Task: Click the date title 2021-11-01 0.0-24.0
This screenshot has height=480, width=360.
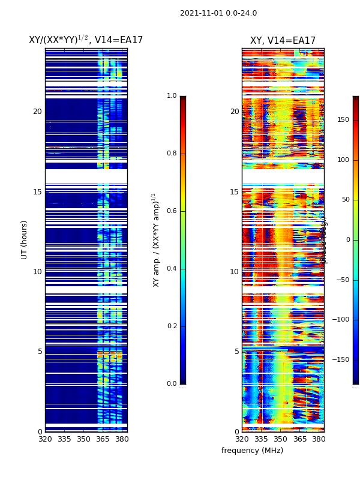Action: pyautogui.click(x=218, y=13)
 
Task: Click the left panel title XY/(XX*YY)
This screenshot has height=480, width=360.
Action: pyautogui.click(x=86, y=40)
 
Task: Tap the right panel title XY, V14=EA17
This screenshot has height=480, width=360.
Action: pyautogui.click(x=283, y=41)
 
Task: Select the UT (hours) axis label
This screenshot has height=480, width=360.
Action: pyautogui.click(x=25, y=239)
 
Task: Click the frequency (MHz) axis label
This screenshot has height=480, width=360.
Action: pyautogui.click(x=252, y=451)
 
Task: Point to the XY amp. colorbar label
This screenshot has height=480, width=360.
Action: pyautogui.click(x=156, y=239)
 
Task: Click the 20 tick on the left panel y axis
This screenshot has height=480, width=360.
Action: pyautogui.click(x=37, y=112)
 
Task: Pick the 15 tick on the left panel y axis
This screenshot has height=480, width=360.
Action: pyautogui.click(x=37, y=192)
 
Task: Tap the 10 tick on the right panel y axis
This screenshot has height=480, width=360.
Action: pyautogui.click(x=235, y=272)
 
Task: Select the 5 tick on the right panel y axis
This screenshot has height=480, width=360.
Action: pyautogui.click(x=236, y=352)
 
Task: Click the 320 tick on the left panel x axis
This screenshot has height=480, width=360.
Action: pyautogui.click(x=45, y=439)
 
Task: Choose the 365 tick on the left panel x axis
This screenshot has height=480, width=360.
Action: pyautogui.click(x=103, y=439)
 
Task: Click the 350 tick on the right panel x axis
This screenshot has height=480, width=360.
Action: pyautogui.click(x=280, y=439)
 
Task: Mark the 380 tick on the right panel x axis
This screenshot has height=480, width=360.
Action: pyautogui.click(x=319, y=439)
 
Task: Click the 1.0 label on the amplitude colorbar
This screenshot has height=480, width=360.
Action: pyautogui.click(x=172, y=96)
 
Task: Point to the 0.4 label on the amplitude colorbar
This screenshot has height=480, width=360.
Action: pyautogui.click(x=172, y=269)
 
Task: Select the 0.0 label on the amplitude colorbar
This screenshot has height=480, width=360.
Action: pyautogui.click(x=172, y=384)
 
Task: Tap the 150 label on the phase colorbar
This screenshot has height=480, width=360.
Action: pyautogui.click(x=343, y=120)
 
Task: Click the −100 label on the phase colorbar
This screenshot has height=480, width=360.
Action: pyautogui.click(x=342, y=320)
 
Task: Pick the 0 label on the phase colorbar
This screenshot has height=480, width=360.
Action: pyautogui.click(x=347, y=240)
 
